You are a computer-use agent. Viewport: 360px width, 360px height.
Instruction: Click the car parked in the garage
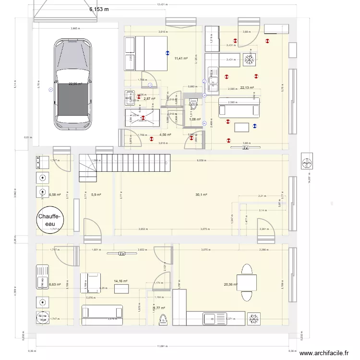[73, 85]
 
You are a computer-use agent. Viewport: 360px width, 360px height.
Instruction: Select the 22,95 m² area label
[75, 84]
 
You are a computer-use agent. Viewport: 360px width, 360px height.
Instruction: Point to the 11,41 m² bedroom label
[180, 59]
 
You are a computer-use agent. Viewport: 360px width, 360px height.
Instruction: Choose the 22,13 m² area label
[247, 88]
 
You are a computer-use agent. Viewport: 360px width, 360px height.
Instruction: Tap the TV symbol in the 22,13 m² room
[245, 148]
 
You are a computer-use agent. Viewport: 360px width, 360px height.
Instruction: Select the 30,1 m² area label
[201, 194]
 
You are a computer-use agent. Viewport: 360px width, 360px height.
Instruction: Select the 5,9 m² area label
[96, 194]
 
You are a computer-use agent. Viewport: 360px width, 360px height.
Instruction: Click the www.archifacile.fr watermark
[324, 353]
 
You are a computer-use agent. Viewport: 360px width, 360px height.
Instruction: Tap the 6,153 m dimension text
[99, 9]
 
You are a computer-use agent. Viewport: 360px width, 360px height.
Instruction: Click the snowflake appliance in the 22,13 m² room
[249, 60]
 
